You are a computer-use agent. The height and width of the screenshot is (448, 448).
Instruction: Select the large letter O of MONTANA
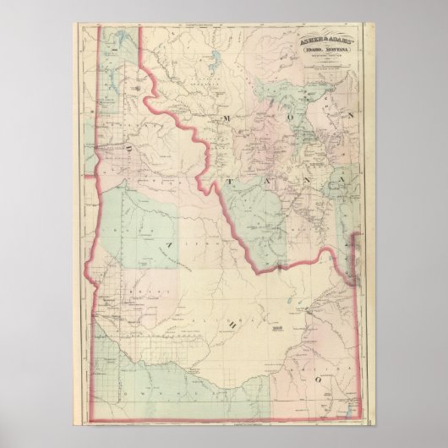(260, 118)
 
